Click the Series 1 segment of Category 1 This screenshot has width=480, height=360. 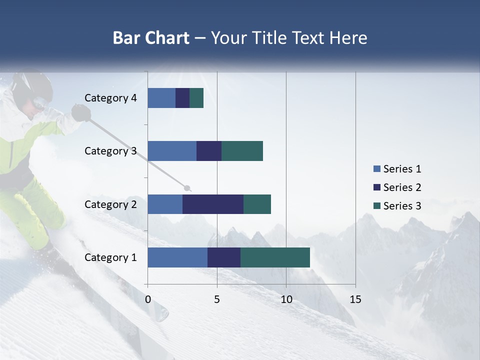pyautogui.click(x=177, y=257)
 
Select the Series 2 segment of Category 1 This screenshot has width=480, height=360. pyautogui.click(x=224, y=257)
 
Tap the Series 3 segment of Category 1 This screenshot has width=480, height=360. pyautogui.click(x=275, y=257)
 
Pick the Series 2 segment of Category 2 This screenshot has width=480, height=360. pyautogui.click(x=213, y=204)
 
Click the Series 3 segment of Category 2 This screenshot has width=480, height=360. pyautogui.click(x=257, y=204)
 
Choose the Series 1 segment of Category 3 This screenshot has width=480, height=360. pyautogui.click(x=172, y=151)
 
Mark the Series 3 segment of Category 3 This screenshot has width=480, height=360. pyautogui.click(x=242, y=151)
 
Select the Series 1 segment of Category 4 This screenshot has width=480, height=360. pyautogui.click(x=161, y=98)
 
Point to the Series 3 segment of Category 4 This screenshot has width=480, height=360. pyautogui.click(x=196, y=98)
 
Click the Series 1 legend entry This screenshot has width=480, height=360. pyautogui.click(x=397, y=169)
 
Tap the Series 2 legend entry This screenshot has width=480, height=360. pyautogui.click(x=397, y=187)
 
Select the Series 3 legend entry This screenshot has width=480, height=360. pyautogui.click(x=397, y=206)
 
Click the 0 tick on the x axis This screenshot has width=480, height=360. pyautogui.click(x=148, y=299)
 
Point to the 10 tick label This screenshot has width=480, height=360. pyautogui.click(x=286, y=299)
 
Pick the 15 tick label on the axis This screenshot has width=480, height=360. pyautogui.click(x=355, y=299)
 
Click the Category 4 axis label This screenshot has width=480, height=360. pyautogui.click(x=110, y=98)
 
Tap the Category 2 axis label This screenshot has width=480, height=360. pyautogui.click(x=110, y=204)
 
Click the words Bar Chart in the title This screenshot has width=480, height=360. pyautogui.click(x=151, y=38)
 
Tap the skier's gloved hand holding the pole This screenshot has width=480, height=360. pyautogui.click(x=80, y=112)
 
